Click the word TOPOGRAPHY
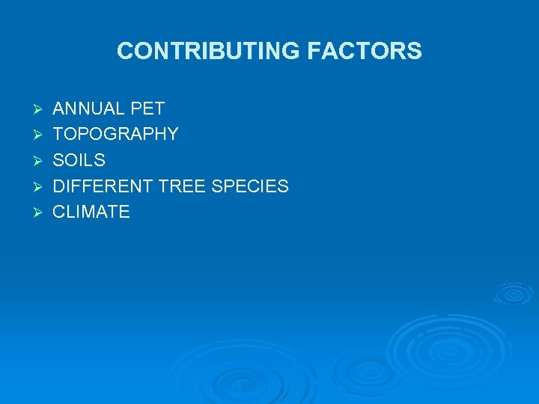point(115,135)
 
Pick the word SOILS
point(79,160)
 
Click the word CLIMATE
point(91,212)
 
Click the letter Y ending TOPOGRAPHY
point(173,135)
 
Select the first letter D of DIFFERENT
point(58,186)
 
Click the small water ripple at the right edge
point(514,293)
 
